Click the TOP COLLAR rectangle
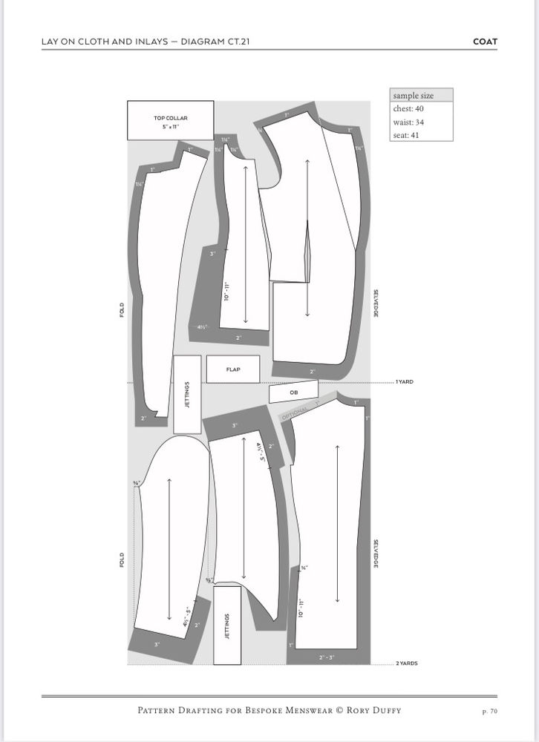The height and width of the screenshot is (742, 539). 171,120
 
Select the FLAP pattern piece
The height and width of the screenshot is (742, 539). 233,370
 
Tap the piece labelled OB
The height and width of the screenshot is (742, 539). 293,391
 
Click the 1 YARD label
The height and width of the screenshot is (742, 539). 405,382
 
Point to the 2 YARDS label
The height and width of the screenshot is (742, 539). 407,663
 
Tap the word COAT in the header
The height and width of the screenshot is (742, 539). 485,42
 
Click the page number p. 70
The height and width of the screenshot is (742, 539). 490,711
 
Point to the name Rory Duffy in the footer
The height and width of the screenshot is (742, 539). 374,710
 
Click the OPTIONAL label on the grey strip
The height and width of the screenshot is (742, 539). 295,414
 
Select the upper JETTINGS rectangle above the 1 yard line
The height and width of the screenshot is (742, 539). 187,395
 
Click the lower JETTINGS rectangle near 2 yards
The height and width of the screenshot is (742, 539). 227,625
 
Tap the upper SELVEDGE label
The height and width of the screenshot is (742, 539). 376,303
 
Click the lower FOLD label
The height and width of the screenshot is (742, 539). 122,559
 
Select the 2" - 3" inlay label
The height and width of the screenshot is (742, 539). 327,657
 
